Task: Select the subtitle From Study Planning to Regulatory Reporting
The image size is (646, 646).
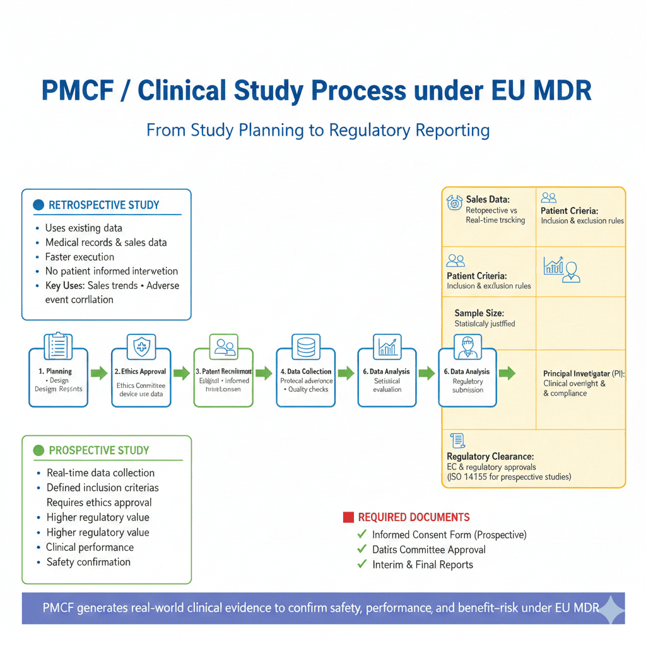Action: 318,130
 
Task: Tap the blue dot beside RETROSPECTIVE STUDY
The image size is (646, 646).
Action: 38,205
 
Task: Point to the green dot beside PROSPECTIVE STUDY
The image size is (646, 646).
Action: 38,450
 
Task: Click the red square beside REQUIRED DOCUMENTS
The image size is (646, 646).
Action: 347,517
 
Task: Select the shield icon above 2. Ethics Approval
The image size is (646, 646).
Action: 141,346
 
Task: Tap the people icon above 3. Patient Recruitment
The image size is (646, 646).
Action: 223,346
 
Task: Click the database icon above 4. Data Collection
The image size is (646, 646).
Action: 306,346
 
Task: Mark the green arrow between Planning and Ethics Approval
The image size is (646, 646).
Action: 100,373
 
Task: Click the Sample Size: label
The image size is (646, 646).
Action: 479,313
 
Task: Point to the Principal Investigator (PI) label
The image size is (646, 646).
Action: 584,373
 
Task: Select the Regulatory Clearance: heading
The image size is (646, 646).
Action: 490,456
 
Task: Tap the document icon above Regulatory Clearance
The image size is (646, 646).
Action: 457,440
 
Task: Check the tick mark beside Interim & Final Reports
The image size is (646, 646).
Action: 361,565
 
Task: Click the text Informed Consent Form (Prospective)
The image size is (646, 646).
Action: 449,534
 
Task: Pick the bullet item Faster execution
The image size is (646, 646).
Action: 79,257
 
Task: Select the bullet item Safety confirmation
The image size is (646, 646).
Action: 88,562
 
